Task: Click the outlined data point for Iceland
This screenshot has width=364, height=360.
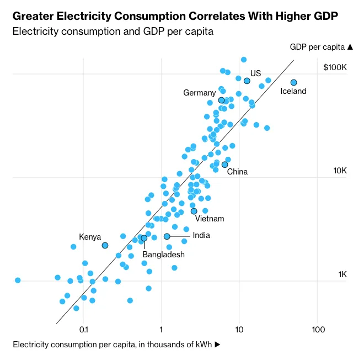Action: pyautogui.click(x=294, y=83)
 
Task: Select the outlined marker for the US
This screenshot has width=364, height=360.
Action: pyautogui.click(x=247, y=81)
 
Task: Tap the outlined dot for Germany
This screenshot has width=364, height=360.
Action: pyautogui.click(x=222, y=100)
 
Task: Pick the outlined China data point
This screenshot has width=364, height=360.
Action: pyautogui.click(x=224, y=165)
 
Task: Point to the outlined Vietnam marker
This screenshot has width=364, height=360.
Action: pyautogui.click(x=194, y=211)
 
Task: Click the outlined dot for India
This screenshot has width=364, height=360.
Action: pyautogui.click(x=167, y=236)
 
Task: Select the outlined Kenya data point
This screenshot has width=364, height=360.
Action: pyautogui.click(x=105, y=245)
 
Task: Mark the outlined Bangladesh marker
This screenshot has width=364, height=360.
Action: pyautogui.click(x=144, y=238)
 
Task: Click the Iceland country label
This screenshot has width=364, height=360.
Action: pyautogui.click(x=293, y=92)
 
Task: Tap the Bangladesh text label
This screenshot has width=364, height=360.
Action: pyautogui.click(x=163, y=255)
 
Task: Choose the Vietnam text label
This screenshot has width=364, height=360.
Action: pyautogui.click(x=210, y=219)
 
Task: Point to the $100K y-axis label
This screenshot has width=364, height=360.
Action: pyautogui.click(x=335, y=67)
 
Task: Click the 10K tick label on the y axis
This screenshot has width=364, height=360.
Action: pyautogui.click(x=340, y=171)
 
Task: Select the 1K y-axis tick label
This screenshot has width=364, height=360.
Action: pyautogui.click(x=342, y=274)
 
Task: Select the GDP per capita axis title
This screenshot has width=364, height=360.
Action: pyautogui.click(x=317, y=47)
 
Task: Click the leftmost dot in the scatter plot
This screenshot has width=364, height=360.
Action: pyautogui.click(x=18, y=280)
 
